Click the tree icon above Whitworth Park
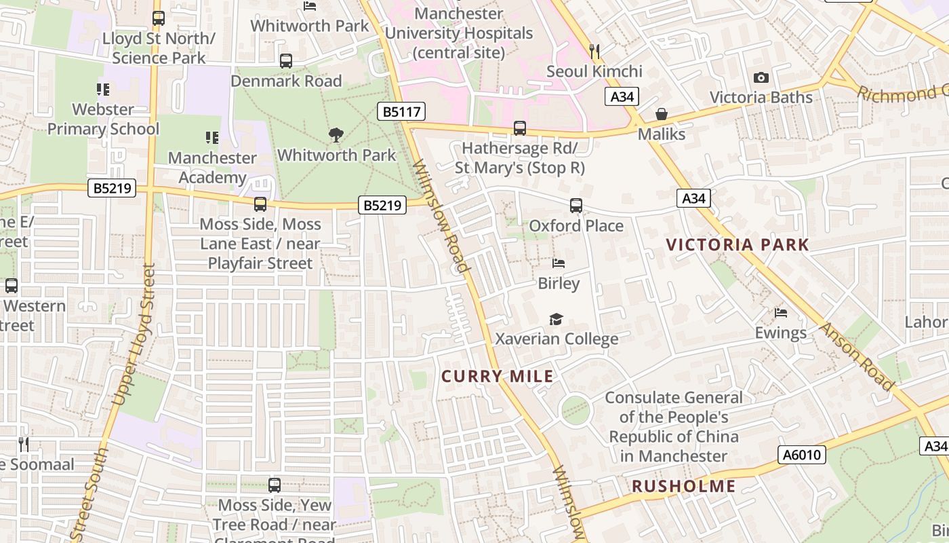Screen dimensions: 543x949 [336, 135]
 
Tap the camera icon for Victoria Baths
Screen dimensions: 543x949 [761, 77]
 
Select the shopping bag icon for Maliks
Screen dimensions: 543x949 [662, 114]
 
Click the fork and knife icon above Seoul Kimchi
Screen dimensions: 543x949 [594, 51]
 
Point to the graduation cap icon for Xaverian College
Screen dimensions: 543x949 [557, 319]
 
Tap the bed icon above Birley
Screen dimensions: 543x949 [559, 263]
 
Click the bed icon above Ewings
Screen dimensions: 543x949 [781, 313]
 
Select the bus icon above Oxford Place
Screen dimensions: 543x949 [576, 205]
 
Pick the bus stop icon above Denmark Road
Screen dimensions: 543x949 [286, 61]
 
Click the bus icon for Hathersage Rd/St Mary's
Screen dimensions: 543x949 [520, 128]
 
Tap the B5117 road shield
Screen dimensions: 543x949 [401, 111]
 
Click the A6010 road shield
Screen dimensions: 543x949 [802, 455]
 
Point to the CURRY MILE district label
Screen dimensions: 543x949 [498, 377]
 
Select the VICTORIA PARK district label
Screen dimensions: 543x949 [738, 245]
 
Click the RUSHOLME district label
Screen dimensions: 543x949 [684, 486]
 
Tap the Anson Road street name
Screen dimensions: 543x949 [857, 356]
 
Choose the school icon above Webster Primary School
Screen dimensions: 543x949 [103, 89]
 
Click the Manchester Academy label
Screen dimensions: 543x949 [212, 168]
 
